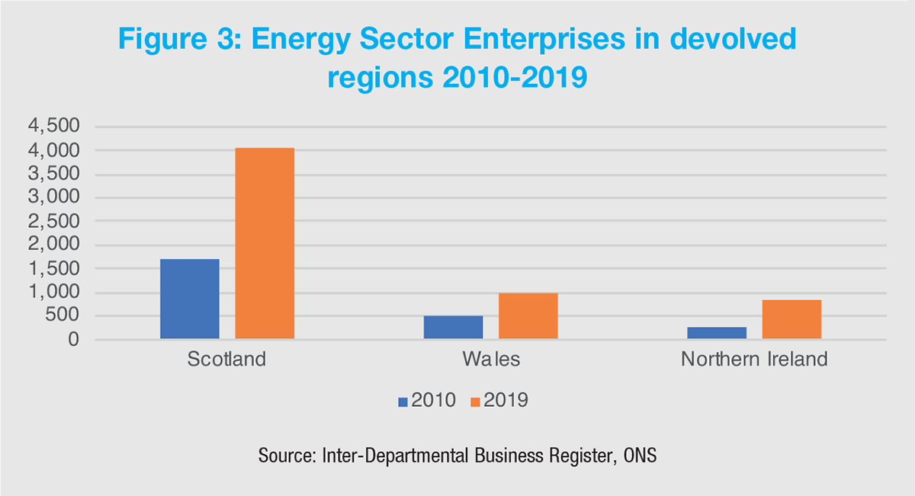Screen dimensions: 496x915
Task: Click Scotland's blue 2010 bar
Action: click(x=190, y=299)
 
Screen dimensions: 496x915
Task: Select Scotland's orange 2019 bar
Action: click(x=265, y=243)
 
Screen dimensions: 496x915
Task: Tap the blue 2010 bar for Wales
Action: click(x=453, y=327)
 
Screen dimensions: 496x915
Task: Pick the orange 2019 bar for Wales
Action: click(x=528, y=315)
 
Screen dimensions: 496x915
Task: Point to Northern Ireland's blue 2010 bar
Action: click(x=717, y=333)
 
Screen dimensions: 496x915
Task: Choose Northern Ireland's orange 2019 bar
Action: click(x=791, y=319)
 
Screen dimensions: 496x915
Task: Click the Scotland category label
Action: click(x=227, y=359)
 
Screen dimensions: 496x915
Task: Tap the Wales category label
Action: click(x=490, y=359)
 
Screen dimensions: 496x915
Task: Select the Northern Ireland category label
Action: click(x=754, y=359)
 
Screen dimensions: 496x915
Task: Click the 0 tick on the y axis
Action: click(x=73, y=340)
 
